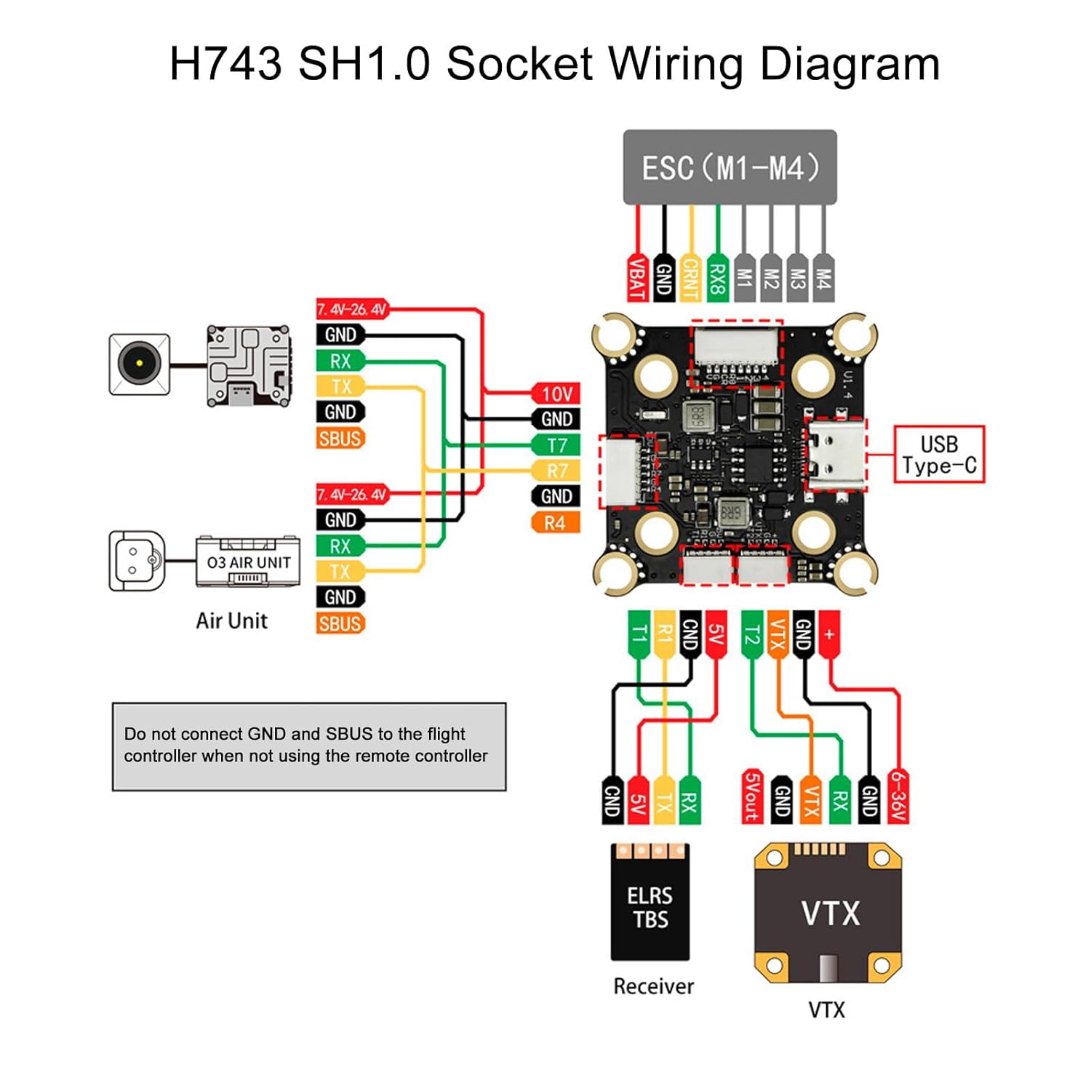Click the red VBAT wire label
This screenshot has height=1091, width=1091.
[x=638, y=277]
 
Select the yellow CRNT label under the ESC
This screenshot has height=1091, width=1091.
[x=690, y=277]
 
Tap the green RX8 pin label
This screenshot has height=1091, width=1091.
[x=717, y=277]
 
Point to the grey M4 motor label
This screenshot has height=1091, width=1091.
[x=823, y=277]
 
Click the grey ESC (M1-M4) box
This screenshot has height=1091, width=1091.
[x=730, y=167]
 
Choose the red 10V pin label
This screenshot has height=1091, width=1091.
[x=556, y=393]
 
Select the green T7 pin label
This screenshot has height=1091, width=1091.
[x=556, y=445]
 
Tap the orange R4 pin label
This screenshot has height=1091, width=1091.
[x=556, y=522]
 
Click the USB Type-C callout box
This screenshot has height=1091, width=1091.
[x=938, y=455]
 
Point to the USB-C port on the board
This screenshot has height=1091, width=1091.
[x=836, y=454]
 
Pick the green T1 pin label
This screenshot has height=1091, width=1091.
[x=638, y=634]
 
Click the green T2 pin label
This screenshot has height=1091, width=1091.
[x=751, y=634]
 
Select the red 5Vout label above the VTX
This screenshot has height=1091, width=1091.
[x=752, y=796]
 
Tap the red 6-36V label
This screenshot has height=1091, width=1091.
[x=898, y=796]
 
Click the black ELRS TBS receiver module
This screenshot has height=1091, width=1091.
[x=650, y=902]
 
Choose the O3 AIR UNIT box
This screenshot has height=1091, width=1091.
[x=248, y=562]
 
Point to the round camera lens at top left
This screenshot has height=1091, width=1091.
[x=139, y=364]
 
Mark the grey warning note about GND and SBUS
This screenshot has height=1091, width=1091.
[x=309, y=746]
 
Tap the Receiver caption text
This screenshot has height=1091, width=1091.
[x=653, y=986]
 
